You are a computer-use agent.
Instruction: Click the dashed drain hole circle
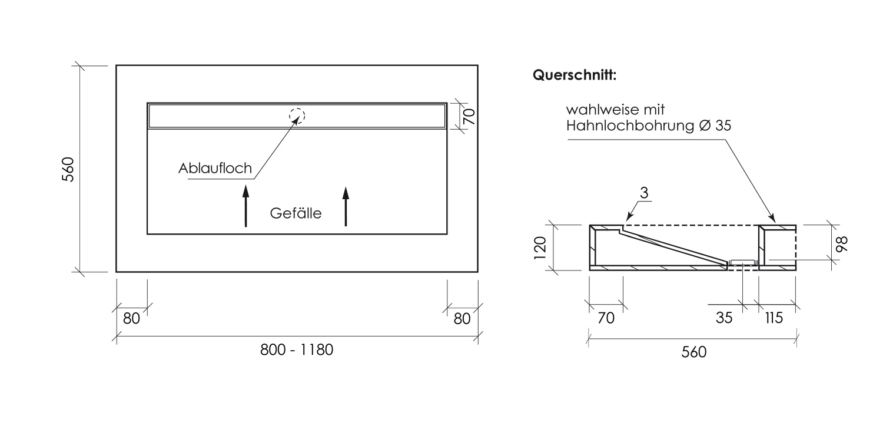297,116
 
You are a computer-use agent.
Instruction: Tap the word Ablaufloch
215,169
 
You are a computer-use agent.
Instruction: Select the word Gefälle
296,213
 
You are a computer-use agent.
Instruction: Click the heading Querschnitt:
574,75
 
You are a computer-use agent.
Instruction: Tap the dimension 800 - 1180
297,350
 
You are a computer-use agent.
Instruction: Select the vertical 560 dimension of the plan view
68,169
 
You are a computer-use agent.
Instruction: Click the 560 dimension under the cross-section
693,352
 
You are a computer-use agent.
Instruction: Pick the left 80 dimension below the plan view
131,318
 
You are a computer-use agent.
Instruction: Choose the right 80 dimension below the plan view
462,318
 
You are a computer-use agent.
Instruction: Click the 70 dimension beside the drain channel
469,116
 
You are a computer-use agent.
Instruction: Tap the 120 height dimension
541,247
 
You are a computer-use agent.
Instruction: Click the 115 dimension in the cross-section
774,318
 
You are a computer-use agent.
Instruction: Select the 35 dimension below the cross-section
724,318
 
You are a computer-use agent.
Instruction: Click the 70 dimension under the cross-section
606,318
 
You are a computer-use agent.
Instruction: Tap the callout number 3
645,192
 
